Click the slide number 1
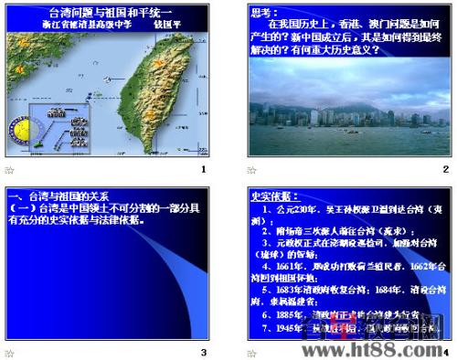coord(203,170)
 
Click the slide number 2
coord(445,170)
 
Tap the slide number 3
coord(203,352)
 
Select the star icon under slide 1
coord(10,170)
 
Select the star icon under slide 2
coord(252,170)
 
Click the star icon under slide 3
coord(10,352)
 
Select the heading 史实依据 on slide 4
coord(270,196)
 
